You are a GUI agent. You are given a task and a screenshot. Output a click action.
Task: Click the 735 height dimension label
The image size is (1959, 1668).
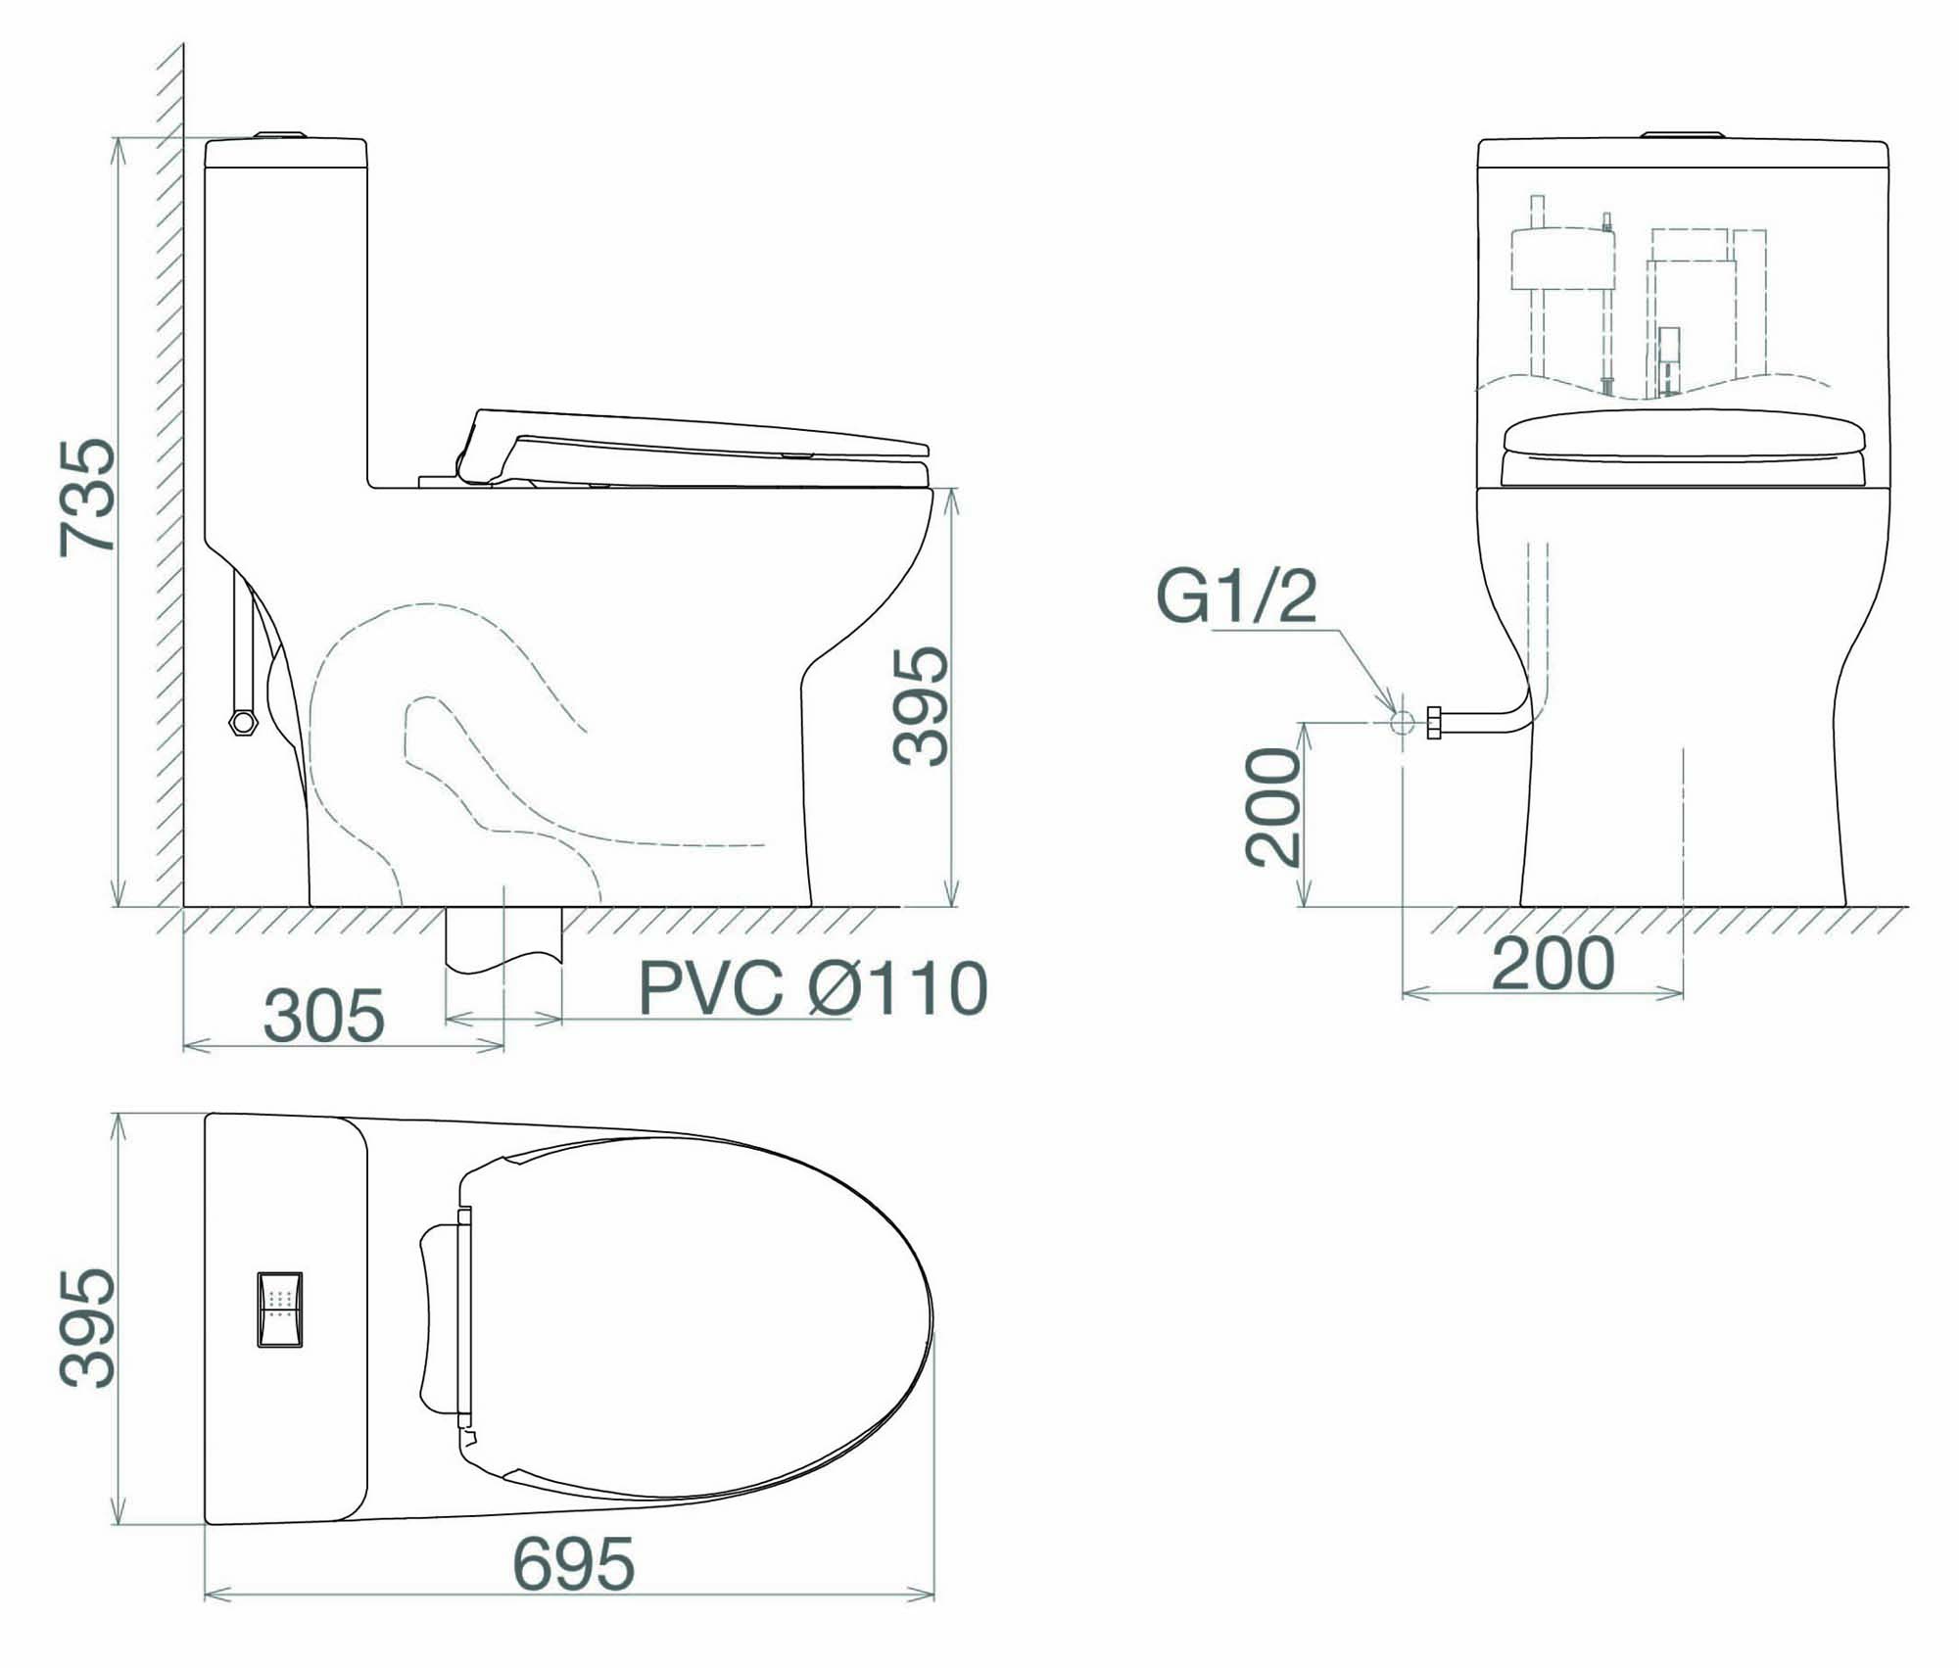[x=86, y=498]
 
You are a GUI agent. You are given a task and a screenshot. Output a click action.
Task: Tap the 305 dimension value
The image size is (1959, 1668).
[x=323, y=1016]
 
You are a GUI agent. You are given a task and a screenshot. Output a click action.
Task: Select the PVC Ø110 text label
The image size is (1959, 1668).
[x=813, y=988]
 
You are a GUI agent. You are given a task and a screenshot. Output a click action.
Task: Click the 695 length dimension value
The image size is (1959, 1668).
[x=574, y=1591]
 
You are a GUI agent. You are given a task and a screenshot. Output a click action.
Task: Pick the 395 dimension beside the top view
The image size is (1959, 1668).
[x=87, y=1328]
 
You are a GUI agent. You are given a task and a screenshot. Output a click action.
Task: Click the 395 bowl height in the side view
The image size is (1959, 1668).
[x=921, y=705]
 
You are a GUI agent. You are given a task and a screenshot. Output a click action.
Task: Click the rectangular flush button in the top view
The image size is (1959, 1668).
[x=280, y=1310]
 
